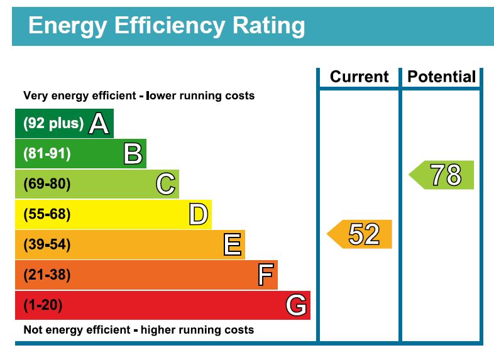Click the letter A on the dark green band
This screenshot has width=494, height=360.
[x=99, y=123]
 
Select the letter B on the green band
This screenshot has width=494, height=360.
[x=133, y=153]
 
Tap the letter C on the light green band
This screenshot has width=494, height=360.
[x=165, y=184]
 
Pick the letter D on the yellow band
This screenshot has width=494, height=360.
[x=198, y=214]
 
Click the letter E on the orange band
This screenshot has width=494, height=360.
[x=232, y=244]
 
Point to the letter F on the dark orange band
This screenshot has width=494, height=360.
[x=266, y=275]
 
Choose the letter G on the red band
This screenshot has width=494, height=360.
[x=296, y=305]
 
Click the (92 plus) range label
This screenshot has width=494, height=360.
[x=53, y=123]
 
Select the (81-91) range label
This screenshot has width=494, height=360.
[x=47, y=153]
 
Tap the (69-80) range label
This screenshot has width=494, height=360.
[x=47, y=184]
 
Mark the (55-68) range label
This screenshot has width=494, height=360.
[x=47, y=214]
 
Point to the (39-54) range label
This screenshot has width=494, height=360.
[x=47, y=244]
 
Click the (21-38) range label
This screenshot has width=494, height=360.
[x=47, y=275]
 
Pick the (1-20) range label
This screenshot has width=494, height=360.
[x=43, y=305]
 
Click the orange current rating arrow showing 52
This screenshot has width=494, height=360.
[x=360, y=234]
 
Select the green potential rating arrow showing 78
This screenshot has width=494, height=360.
[x=442, y=175]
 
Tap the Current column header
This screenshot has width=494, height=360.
[x=359, y=77]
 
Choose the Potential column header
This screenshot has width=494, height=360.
[x=441, y=77]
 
